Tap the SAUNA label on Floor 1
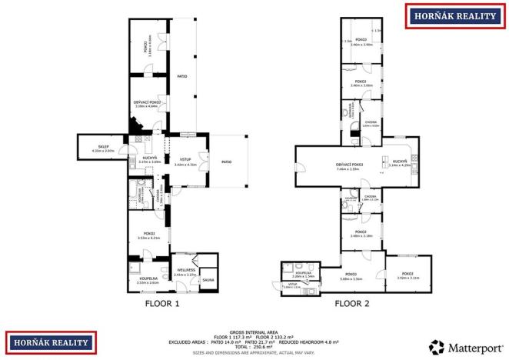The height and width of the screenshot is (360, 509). coord(208,280)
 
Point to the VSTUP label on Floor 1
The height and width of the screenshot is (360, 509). coord(185,161)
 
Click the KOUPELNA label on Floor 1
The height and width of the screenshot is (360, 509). coord(148,279)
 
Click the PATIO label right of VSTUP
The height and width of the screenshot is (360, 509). coord(227,162)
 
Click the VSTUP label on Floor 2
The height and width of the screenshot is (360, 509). coord(293,285)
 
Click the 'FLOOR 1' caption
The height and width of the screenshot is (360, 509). coord(161,303)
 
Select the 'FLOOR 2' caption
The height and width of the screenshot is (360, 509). coord(351,303)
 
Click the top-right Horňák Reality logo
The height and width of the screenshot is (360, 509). coord(454,15)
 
